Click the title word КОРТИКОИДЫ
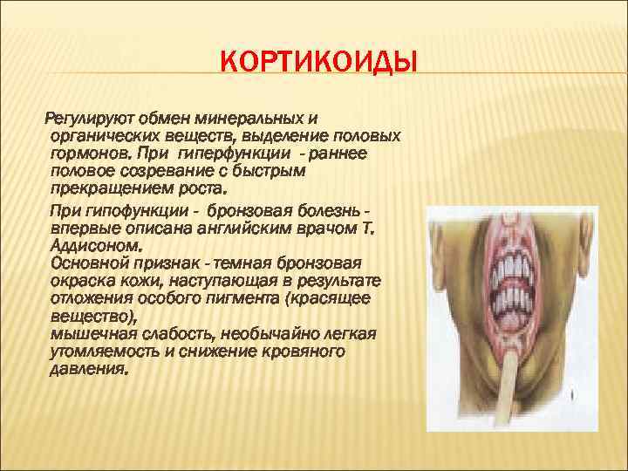(317, 64)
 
